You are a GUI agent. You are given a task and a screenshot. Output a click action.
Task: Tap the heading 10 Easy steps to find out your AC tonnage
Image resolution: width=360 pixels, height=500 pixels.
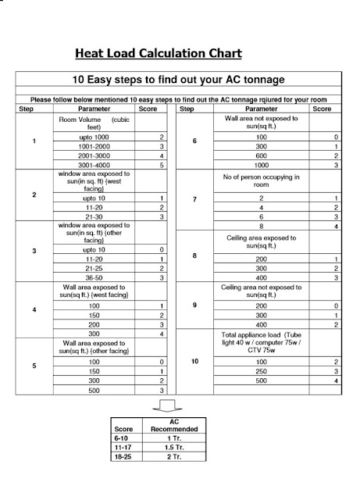[x=179, y=80]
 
